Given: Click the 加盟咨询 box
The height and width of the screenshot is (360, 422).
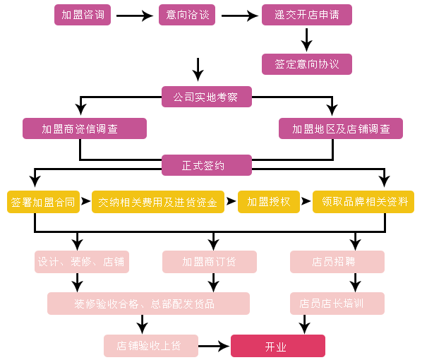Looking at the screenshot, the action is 83,15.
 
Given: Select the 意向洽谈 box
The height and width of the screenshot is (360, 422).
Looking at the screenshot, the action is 187,15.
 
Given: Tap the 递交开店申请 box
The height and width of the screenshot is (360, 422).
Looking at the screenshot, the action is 307,15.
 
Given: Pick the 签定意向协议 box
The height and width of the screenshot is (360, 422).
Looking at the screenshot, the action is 307,64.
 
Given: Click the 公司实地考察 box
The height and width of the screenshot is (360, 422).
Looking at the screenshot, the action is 207,97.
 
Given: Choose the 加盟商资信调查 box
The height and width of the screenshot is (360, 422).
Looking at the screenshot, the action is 85,128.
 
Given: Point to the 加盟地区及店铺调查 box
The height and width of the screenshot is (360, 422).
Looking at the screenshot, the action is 341,128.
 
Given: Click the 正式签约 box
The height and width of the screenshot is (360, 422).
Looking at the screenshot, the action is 207,165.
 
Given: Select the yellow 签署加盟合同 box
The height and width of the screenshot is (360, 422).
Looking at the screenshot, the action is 43,202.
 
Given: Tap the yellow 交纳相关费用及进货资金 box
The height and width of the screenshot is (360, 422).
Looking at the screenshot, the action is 158,202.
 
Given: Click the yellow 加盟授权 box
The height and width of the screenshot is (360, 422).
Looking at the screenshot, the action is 269,202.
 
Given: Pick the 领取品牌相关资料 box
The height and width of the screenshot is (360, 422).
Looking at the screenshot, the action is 363,202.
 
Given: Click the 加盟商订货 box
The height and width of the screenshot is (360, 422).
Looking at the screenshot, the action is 210,262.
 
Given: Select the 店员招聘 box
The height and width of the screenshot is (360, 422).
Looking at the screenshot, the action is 337,262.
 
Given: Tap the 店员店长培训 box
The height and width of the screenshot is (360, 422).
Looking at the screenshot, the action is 337,304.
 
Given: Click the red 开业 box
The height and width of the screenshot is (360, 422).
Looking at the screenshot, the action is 278,346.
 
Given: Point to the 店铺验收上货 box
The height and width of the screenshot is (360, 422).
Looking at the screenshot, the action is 151,346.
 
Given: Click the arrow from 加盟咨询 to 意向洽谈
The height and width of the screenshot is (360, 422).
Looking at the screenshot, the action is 135,16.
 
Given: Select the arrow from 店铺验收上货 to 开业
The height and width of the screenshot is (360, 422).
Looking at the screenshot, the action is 214,346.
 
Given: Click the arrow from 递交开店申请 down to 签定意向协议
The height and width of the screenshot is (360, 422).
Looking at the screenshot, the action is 306,40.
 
